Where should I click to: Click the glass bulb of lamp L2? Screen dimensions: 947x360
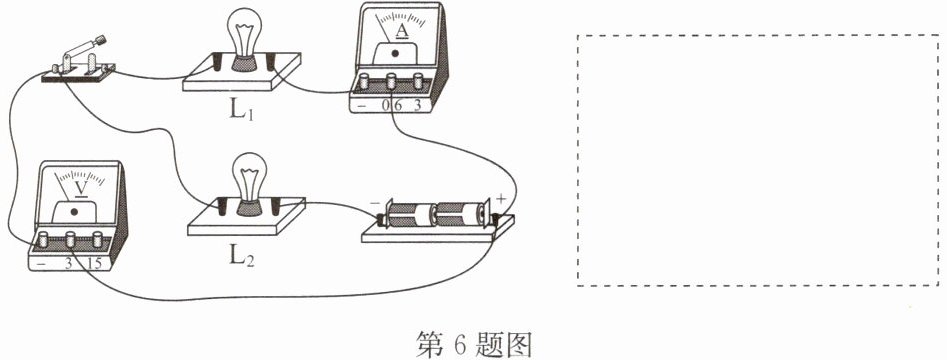point(249,175)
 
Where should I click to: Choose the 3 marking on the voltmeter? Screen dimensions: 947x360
point(69,263)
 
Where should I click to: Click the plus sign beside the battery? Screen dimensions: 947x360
point(502,199)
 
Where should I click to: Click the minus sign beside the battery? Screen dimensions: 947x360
point(375,204)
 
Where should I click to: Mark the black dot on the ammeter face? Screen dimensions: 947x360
point(396,53)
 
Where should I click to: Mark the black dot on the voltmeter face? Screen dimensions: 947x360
point(74,212)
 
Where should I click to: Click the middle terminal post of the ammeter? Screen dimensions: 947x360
point(391,81)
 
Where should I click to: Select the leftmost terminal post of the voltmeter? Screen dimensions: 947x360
point(43,239)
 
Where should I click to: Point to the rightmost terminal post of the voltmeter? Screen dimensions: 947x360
point(97,239)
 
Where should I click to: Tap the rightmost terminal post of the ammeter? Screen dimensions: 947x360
point(418,81)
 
